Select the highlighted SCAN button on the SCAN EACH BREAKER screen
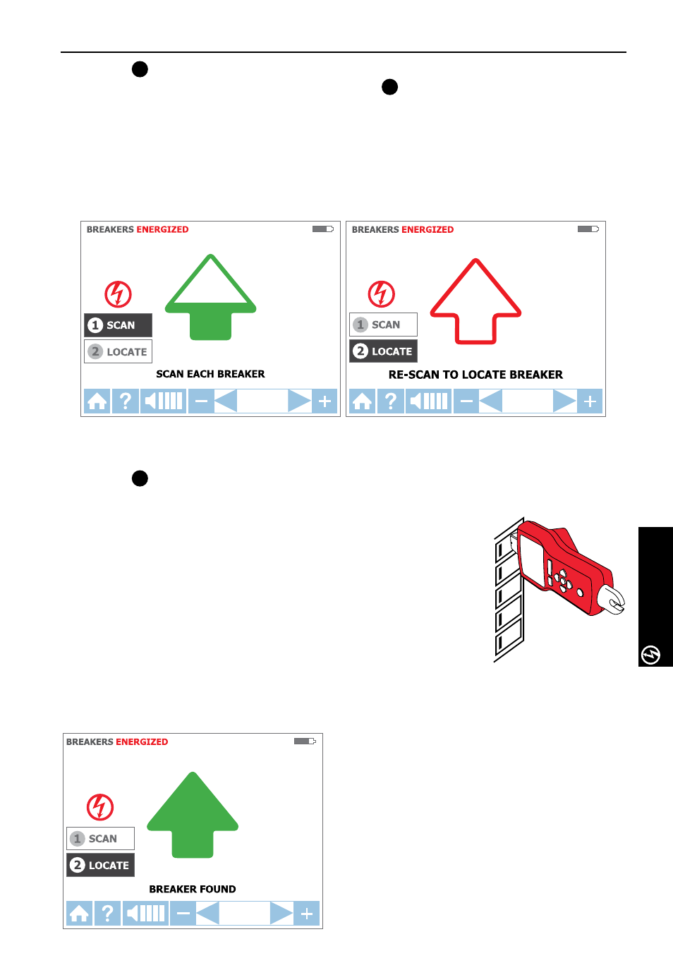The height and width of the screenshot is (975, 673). (x=118, y=325)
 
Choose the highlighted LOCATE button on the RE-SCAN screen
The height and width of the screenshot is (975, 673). (x=383, y=351)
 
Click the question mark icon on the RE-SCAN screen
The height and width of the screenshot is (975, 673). (x=391, y=401)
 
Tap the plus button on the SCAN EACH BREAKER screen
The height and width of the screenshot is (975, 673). (x=325, y=401)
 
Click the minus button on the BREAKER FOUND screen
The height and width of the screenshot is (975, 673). (x=183, y=913)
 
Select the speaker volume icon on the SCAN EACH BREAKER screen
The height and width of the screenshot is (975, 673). (x=163, y=401)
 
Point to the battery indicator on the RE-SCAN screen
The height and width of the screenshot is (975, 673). (x=588, y=229)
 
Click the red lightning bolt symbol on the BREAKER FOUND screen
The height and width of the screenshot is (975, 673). (x=100, y=807)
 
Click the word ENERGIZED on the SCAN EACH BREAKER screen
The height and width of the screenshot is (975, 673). (x=162, y=229)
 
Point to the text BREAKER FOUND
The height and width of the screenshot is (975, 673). (x=193, y=889)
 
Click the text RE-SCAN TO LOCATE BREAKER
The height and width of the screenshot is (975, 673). (x=475, y=375)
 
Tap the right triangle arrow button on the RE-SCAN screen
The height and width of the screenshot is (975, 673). (x=564, y=401)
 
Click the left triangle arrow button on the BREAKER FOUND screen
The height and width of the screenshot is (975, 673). (x=207, y=913)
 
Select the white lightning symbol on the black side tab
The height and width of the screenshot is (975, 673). (x=651, y=655)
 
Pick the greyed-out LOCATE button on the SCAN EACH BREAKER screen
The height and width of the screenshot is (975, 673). (x=118, y=351)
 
